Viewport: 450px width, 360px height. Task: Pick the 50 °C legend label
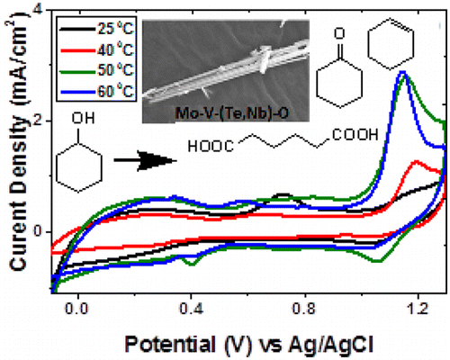click(113, 64)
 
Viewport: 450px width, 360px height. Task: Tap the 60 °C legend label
click(113, 84)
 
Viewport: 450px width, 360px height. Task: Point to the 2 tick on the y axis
click(42, 121)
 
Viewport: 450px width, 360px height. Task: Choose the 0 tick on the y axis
click(42, 231)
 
